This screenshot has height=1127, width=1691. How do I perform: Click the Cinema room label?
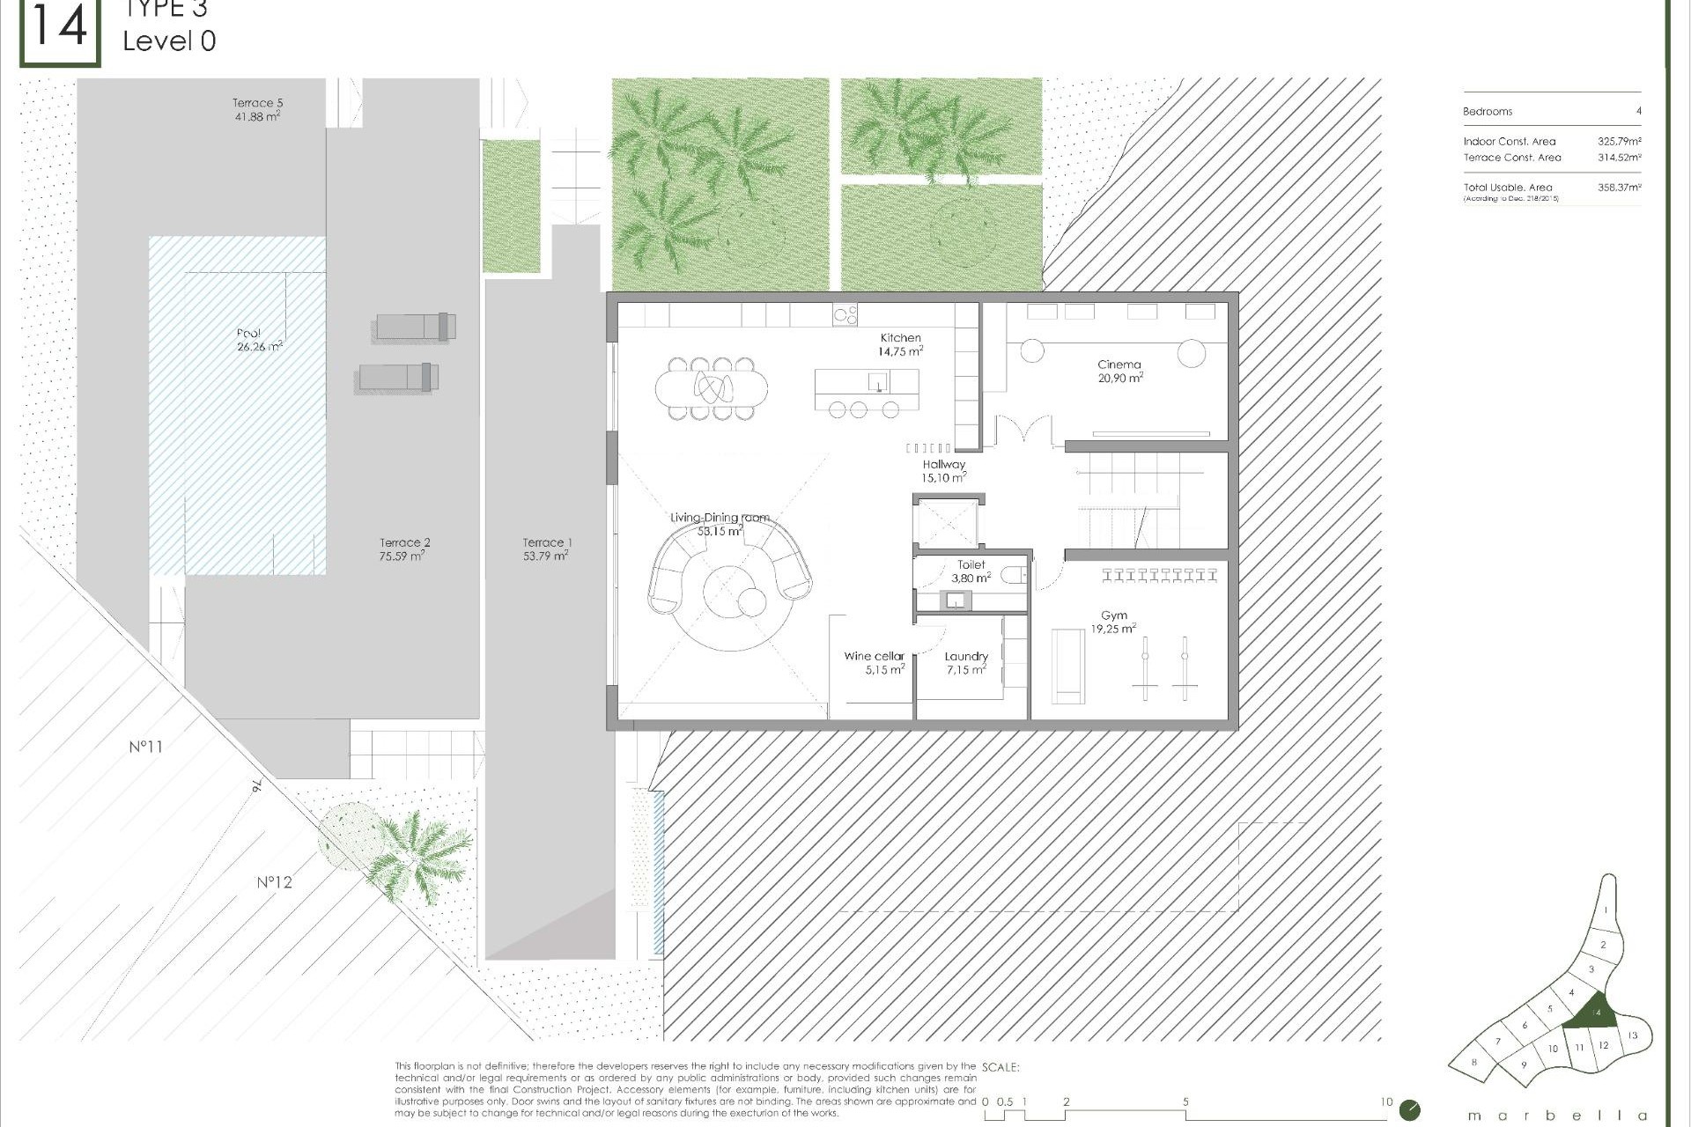[x=1119, y=365]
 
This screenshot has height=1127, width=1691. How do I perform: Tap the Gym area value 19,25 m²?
[x=1113, y=630]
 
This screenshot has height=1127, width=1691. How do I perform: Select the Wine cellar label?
[x=874, y=656]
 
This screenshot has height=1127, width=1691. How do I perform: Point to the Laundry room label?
[x=966, y=656]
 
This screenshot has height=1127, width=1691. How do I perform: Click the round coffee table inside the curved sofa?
[x=751, y=603]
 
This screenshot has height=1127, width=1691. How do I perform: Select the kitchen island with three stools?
[x=867, y=383]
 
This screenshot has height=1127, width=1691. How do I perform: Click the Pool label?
[x=248, y=333]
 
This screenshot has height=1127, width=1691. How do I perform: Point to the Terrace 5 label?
[x=257, y=103]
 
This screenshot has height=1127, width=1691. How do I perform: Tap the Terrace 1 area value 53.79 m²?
[x=545, y=556]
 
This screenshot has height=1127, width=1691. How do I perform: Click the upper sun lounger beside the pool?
[x=416, y=327]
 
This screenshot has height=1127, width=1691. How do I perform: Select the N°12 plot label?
[x=274, y=882]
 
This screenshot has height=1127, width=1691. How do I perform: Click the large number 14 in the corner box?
[x=59, y=26]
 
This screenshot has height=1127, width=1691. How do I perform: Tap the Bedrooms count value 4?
[x=1638, y=112]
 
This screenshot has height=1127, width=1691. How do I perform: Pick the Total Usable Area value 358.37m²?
[x=1619, y=188]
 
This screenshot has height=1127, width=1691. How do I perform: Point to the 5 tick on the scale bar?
[x=1185, y=1102]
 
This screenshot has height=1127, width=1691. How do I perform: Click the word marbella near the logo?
[x=1556, y=1116]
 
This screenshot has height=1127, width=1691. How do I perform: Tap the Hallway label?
[x=944, y=465]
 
